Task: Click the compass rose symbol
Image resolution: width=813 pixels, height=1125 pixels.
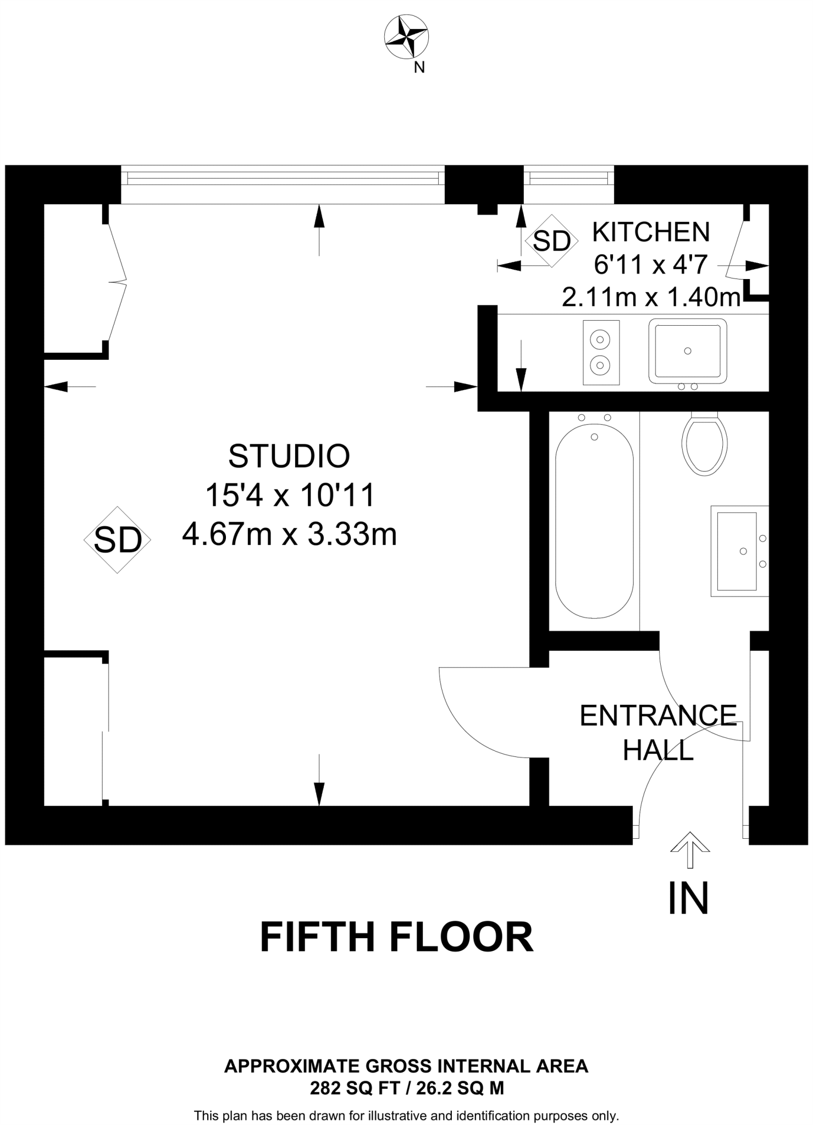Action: (x=406, y=37)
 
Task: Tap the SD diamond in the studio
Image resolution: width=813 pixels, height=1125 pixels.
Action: (x=117, y=539)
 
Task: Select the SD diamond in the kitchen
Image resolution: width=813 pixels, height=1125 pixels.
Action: (x=552, y=240)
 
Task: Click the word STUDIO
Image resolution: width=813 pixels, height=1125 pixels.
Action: (x=289, y=455)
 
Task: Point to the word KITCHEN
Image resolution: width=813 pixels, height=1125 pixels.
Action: (x=651, y=232)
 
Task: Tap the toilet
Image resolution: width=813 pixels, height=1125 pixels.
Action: (x=705, y=443)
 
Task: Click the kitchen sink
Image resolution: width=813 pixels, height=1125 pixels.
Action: (x=688, y=351)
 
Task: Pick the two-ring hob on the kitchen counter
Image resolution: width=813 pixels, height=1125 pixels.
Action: (x=601, y=352)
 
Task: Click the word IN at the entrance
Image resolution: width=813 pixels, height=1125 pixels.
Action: (x=688, y=899)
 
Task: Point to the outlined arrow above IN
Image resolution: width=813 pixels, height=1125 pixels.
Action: (x=690, y=849)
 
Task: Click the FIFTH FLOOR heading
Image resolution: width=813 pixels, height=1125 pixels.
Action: (x=396, y=937)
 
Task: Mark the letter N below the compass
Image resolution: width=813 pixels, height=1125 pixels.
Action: (x=419, y=68)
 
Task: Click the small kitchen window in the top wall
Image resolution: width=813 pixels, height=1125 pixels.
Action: (x=569, y=179)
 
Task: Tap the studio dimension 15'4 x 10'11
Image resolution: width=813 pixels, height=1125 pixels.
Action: (x=289, y=495)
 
